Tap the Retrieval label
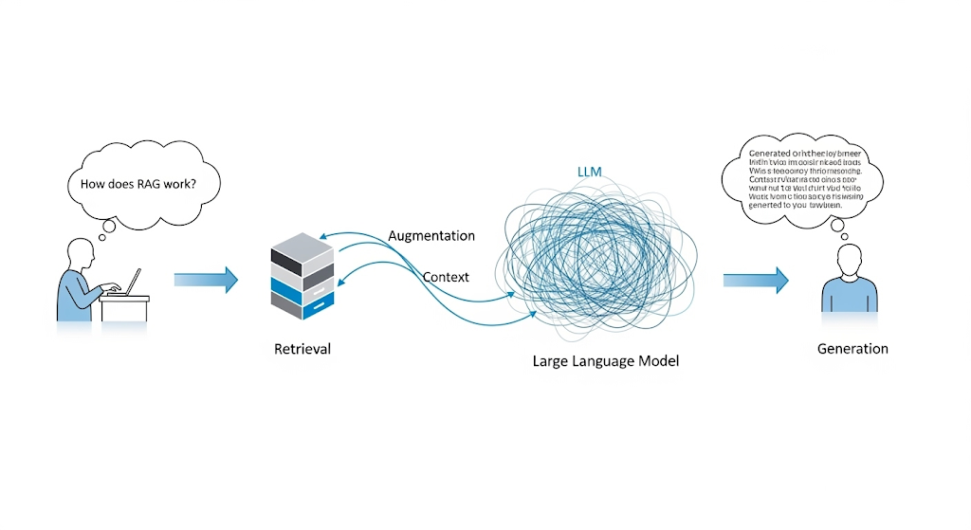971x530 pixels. [x=302, y=349]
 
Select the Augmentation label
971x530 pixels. [x=431, y=235]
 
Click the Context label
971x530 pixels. [x=446, y=277]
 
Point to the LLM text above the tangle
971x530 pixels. [x=590, y=172]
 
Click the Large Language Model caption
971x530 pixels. [x=606, y=361]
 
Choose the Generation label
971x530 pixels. [x=852, y=349]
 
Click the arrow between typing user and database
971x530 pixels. [x=206, y=279]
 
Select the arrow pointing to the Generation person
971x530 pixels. [x=756, y=279]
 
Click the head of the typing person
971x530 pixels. [x=81, y=253]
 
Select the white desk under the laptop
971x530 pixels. [x=127, y=308]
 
